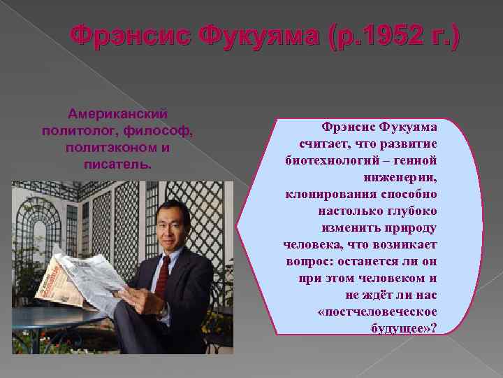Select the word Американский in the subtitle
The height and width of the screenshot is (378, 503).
[117, 113]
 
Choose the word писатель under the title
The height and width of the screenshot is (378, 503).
[117, 166]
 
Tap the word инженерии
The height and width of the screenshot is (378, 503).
[400, 176]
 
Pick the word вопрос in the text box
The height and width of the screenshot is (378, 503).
[309, 260]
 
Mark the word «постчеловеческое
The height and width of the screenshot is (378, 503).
[377, 311]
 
